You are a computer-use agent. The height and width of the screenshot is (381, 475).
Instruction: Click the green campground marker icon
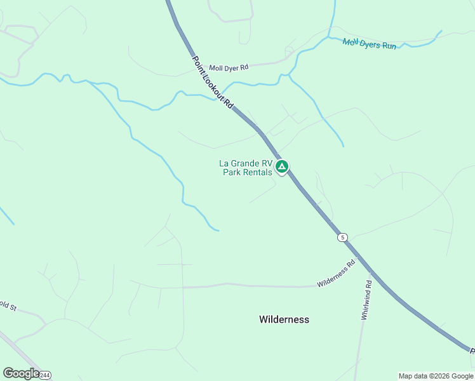click(x=282, y=167)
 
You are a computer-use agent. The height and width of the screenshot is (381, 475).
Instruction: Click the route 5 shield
click(x=343, y=237)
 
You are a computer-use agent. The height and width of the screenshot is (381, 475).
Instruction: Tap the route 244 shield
click(x=44, y=375)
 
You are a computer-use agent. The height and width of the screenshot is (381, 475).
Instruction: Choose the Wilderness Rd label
click(x=337, y=274)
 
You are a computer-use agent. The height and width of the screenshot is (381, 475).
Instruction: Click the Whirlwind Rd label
click(x=366, y=299)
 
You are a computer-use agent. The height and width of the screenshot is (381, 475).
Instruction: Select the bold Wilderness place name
click(x=284, y=319)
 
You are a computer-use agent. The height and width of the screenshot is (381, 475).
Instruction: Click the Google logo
click(x=21, y=373)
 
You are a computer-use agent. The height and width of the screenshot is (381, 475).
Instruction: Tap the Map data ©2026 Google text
click(x=436, y=376)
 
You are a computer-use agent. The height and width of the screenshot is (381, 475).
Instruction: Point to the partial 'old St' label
click(x=8, y=307)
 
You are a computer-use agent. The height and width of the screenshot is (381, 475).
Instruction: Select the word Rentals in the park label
click(x=257, y=172)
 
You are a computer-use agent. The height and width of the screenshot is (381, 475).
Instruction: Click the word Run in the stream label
click(x=389, y=46)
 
